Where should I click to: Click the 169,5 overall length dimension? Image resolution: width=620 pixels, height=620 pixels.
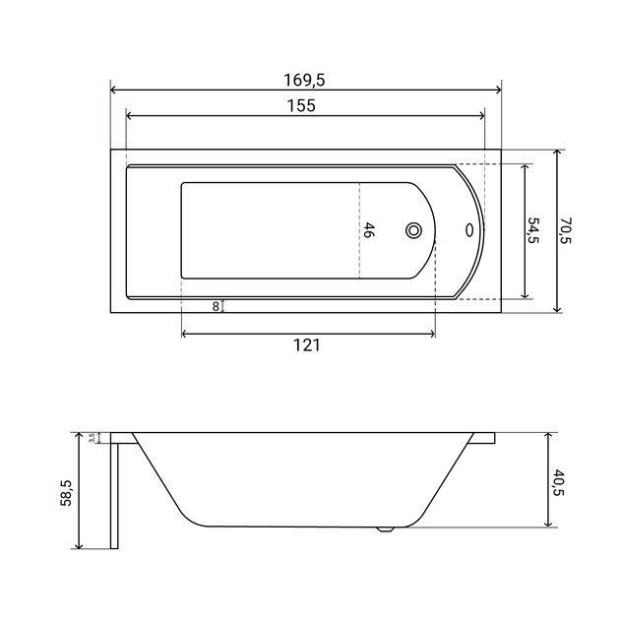304,81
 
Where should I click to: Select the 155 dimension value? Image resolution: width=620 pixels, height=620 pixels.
301,106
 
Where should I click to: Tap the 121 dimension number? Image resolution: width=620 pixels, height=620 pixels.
306,345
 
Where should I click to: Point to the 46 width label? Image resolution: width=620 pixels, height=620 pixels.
368,230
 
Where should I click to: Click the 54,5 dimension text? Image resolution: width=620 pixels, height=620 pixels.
533,230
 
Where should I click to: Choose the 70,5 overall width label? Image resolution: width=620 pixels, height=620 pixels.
566,230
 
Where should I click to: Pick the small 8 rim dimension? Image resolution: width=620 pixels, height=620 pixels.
216,306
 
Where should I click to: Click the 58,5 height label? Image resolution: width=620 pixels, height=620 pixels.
66,493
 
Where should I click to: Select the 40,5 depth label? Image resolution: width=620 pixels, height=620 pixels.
559,482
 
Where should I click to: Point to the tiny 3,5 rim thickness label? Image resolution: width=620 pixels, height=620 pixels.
93,438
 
